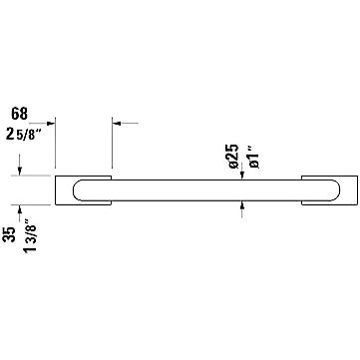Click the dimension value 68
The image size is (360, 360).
19,114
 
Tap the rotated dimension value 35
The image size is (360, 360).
12,234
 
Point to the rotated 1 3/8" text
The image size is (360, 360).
31,235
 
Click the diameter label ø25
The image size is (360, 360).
234,156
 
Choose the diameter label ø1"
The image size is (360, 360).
254,159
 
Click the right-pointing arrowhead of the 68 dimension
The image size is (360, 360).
51,124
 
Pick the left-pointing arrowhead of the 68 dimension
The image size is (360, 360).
116,124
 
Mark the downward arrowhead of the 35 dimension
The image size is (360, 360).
20,172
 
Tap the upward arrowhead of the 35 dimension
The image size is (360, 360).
20,209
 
